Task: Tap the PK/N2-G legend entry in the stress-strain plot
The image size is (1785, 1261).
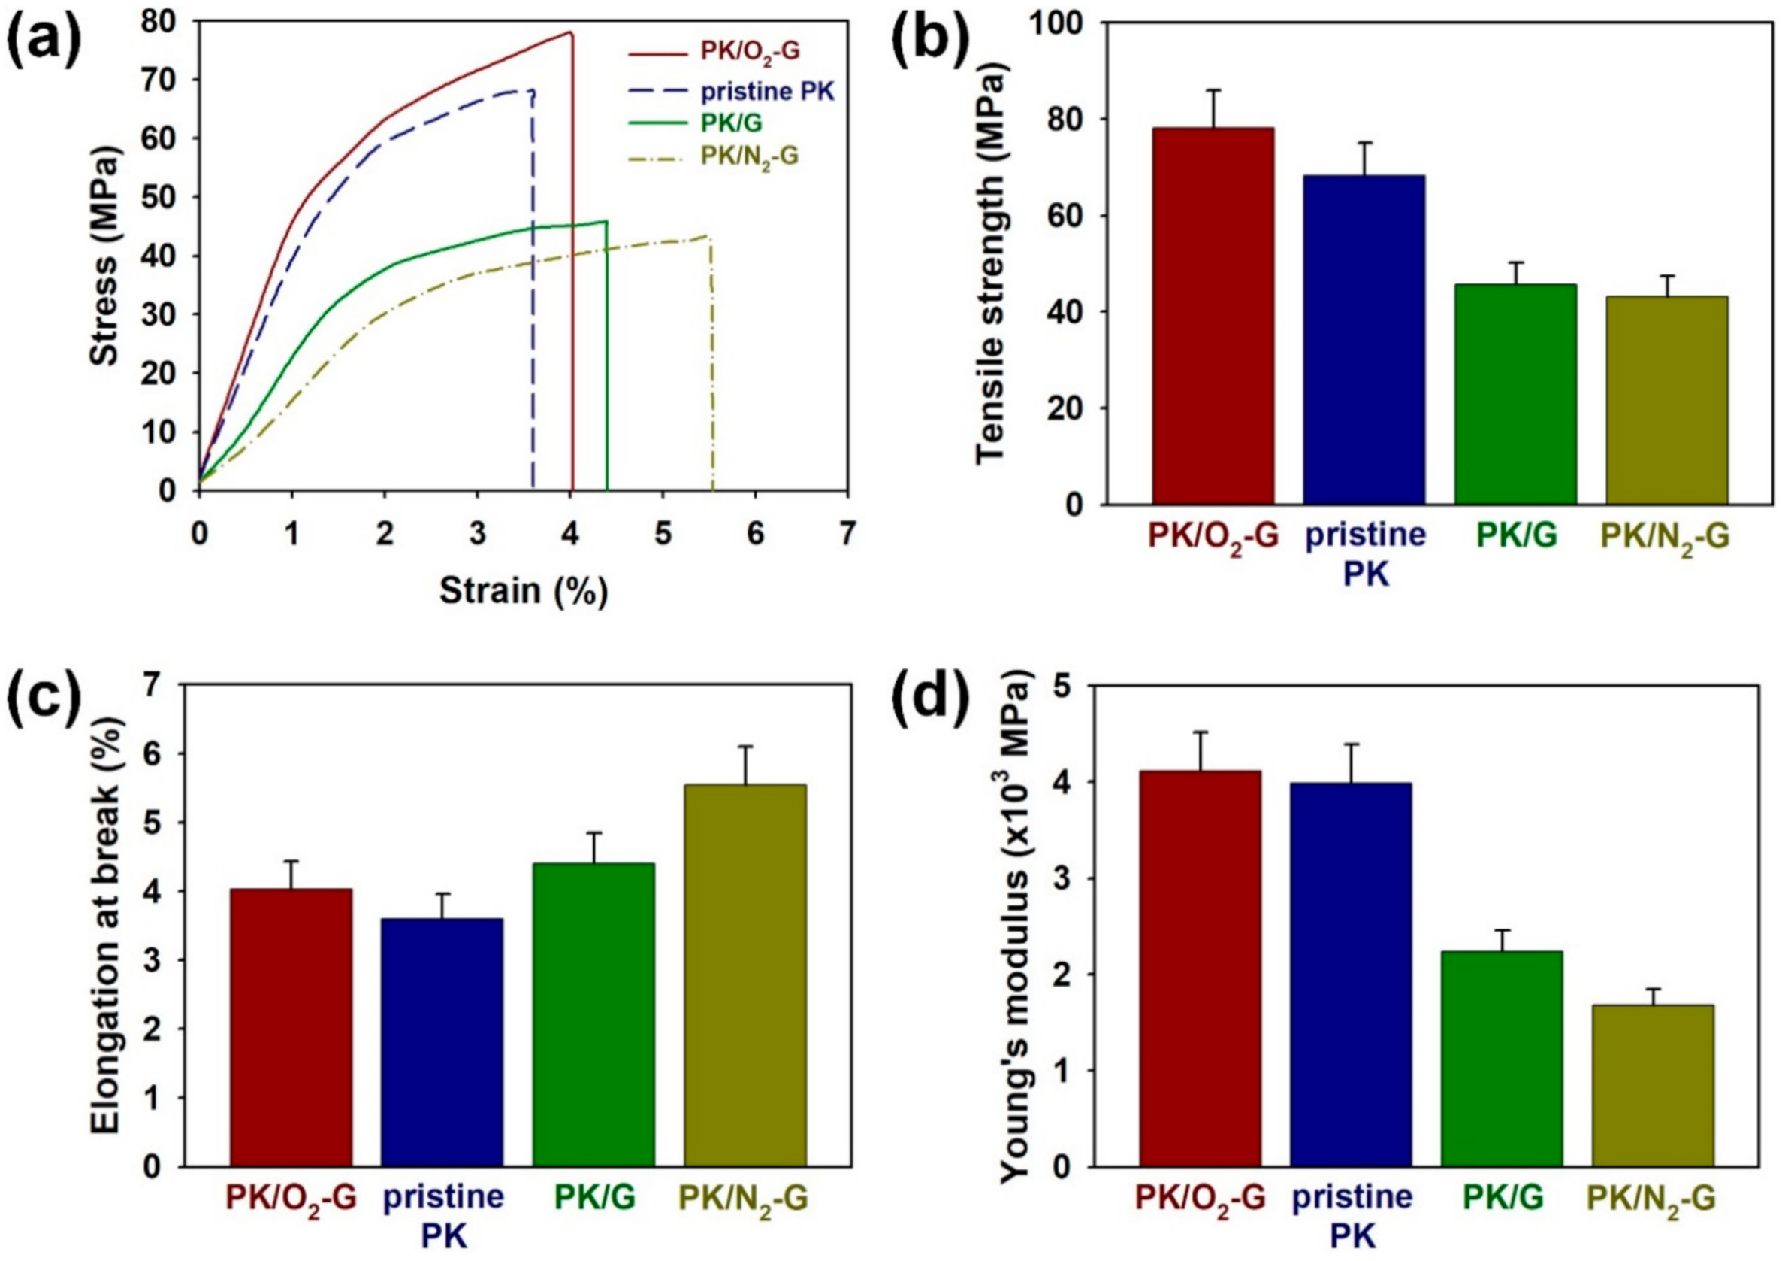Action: (748, 156)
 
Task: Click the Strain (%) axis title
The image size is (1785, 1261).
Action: (523, 591)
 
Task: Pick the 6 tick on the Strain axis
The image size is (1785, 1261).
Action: (755, 535)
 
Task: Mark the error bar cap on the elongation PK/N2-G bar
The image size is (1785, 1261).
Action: (745, 747)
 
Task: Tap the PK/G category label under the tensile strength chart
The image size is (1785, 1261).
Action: (1517, 537)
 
